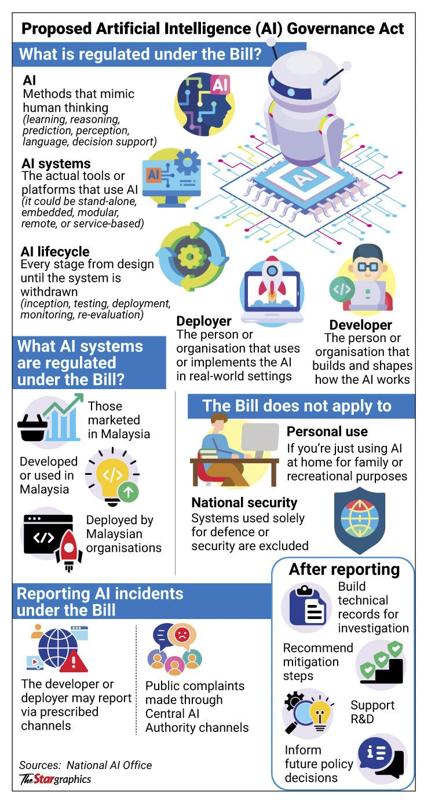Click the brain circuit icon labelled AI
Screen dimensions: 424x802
coord(204,105)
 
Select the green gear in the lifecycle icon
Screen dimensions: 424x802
coord(189,257)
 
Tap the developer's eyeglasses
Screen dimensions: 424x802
coord(368,267)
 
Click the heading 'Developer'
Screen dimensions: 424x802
coord(361,325)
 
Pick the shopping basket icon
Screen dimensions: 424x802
coord(33,427)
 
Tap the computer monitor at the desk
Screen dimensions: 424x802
coord(260,438)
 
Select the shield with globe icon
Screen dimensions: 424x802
coord(360,519)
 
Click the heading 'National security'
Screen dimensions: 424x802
coord(244,503)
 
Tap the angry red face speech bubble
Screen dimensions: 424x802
coord(182,635)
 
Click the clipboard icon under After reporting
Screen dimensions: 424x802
coord(308,605)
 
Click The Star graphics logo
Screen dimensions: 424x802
coord(56,779)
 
